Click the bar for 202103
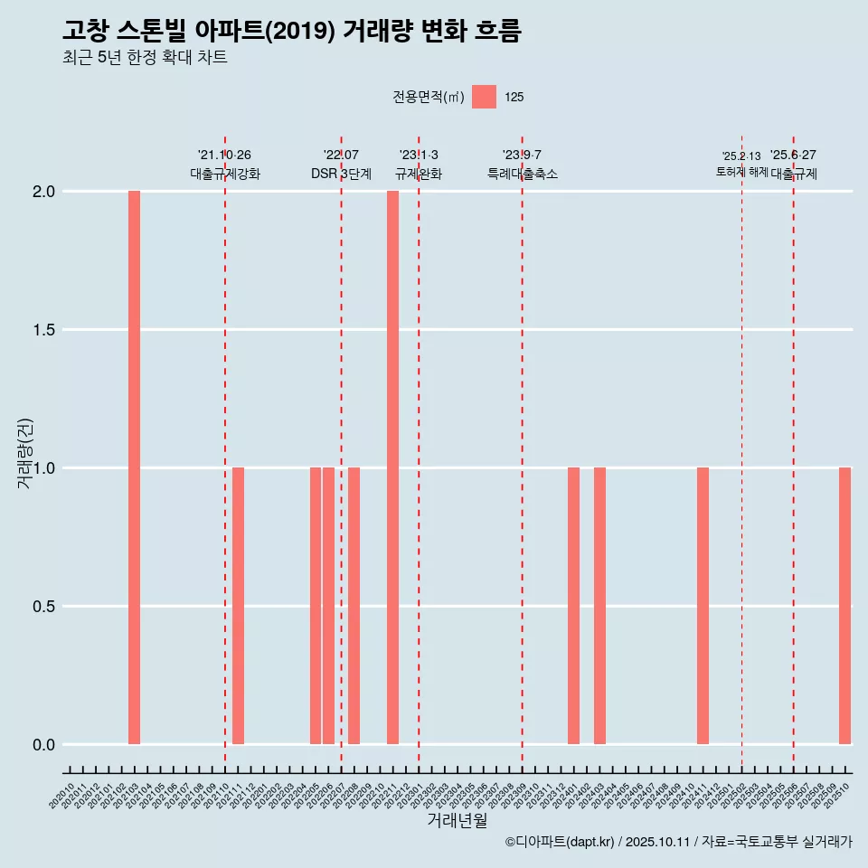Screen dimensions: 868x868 click(134, 467)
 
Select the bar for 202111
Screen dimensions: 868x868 click(238, 606)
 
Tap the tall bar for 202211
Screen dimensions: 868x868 click(392, 467)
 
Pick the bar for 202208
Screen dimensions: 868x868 click(354, 606)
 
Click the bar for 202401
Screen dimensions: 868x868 click(573, 606)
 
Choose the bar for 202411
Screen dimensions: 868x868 click(703, 606)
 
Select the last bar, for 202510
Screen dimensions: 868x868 click(844, 606)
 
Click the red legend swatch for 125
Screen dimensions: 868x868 click(484, 97)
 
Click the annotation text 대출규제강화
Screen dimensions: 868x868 click(225, 174)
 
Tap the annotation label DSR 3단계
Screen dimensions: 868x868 click(341, 174)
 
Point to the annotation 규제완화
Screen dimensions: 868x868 click(419, 174)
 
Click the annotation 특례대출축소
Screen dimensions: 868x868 click(522, 174)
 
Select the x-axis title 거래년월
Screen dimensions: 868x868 click(457, 820)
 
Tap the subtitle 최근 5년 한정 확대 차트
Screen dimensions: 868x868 click(145, 58)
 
